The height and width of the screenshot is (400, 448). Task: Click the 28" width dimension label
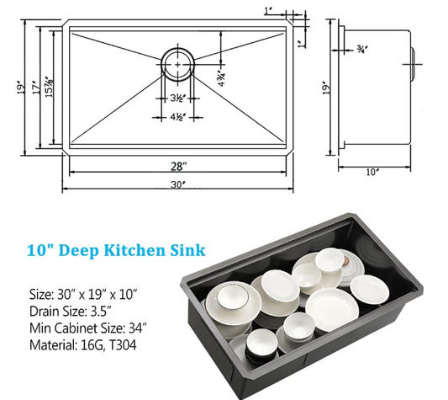(178, 166)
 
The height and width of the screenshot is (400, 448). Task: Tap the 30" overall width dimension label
(178, 185)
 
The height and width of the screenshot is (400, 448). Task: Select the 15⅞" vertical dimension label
(49, 87)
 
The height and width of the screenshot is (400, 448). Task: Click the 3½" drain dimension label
(178, 99)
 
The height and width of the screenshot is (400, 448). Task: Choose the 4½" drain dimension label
(178, 117)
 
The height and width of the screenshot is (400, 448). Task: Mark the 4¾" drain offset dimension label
(222, 78)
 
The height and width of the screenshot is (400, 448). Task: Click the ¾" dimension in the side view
(361, 50)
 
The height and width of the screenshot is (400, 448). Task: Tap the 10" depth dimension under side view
(372, 172)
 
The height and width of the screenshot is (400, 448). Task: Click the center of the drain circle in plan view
(177, 65)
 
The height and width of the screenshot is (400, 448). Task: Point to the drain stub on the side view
(414, 65)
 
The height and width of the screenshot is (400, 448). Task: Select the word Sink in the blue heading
(188, 250)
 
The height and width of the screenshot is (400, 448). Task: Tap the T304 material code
(123, 345)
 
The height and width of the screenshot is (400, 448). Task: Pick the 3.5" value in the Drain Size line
(100, 312)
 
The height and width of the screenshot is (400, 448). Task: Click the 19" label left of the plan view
(21, 88)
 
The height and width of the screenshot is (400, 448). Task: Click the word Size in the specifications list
(40, 294)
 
